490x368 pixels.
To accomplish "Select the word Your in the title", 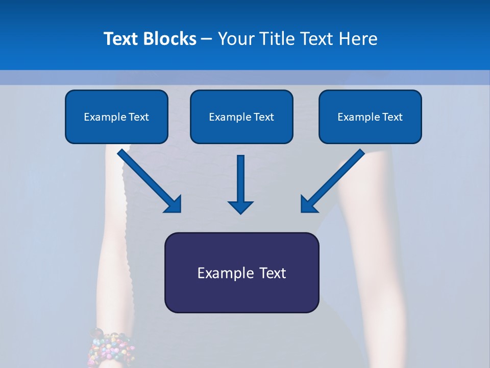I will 235,39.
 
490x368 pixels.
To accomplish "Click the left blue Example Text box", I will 116,117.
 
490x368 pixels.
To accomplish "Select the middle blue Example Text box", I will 241,117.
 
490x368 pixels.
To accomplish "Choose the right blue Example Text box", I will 370,117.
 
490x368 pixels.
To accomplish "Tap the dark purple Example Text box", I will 241,272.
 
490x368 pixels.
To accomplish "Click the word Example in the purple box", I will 225,273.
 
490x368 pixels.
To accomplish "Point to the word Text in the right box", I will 393,117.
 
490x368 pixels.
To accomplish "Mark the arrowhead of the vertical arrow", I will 240,206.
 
